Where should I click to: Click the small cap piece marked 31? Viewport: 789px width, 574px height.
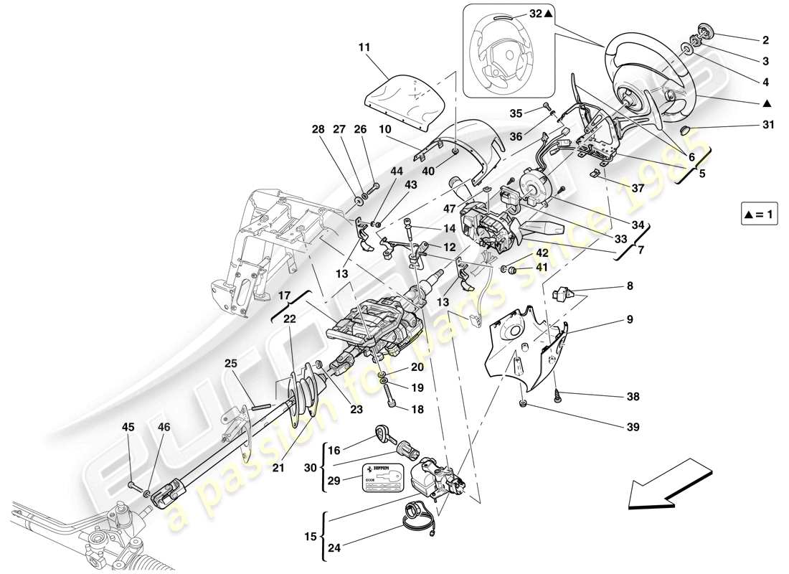tap(685, 131)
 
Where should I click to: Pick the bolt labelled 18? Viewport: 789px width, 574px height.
tap(390, 394)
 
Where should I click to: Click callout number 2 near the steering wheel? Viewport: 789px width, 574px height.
tap(745, 40)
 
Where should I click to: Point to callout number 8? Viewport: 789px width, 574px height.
tap(630, 285)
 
